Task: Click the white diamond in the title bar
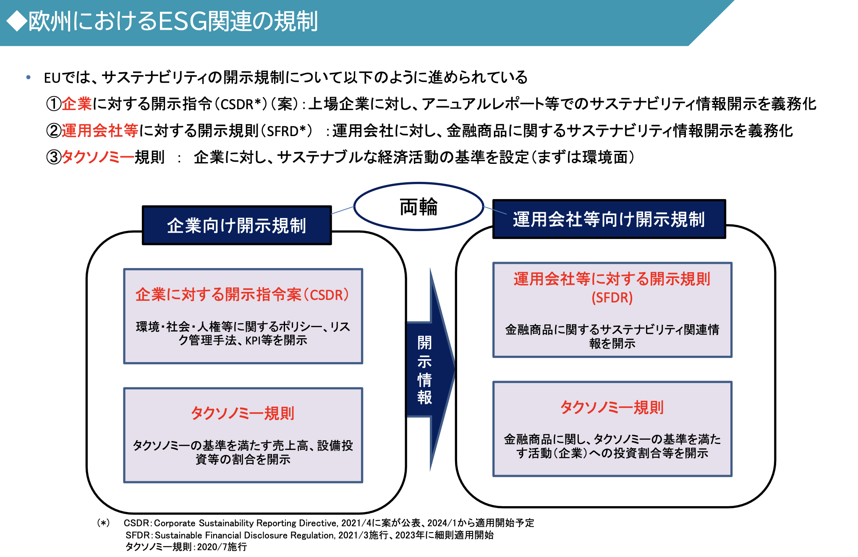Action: [x=17, y=21]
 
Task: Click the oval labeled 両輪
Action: [x=419, y=207]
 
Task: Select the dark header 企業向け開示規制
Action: [x=237, y=226]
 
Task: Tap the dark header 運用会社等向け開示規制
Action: [x=609, y=219]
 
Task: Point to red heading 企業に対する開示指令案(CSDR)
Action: [x=242, y=295]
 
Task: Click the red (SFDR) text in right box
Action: [x=612, y=298]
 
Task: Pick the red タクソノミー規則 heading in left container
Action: [x=243, y=413]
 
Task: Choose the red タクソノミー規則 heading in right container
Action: [x=612, y=407]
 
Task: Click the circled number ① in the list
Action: [x=54, y=104]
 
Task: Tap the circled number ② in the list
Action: [x=54, y=131]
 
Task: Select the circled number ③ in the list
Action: [x=54, y=158]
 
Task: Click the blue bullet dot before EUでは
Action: [x=29, y=77]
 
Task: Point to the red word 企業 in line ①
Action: [x=77, y=104]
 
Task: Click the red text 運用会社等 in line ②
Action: [x=100, y=131]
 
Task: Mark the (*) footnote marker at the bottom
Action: [x=103, y=523]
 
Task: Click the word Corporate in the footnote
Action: [x=175, y=523]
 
